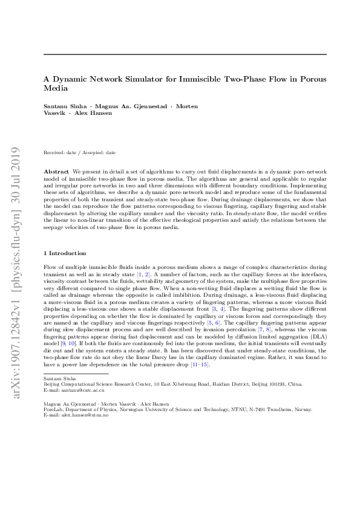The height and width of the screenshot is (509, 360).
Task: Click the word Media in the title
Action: pyautogui.click(x=53, y=88)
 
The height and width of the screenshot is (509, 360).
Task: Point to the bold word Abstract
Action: pyautogui.click(x=56, y=172)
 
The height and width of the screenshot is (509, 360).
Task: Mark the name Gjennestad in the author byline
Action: pyautogui.click(x=146, y=106)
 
